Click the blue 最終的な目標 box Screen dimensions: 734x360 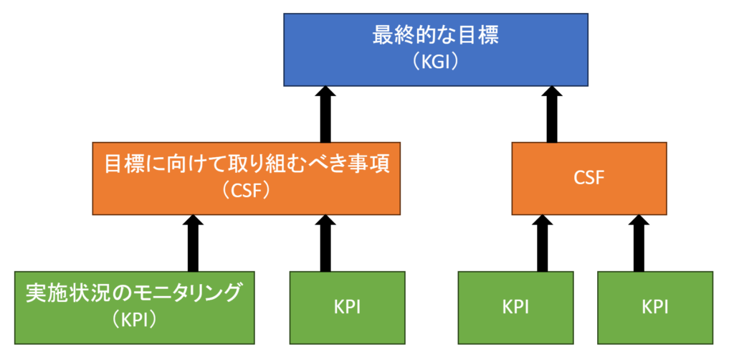[436, 49]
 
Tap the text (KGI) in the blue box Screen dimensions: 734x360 [436, 62]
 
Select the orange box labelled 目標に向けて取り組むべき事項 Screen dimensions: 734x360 [247, 179]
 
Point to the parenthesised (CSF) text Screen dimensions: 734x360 [247, 191]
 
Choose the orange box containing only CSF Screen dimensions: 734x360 [589, 179]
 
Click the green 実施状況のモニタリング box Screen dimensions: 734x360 [134, 308]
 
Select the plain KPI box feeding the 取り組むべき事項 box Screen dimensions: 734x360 [348, 308]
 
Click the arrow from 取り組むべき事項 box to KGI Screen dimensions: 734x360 [325, 114]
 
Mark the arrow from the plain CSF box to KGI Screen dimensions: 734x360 [552, 114]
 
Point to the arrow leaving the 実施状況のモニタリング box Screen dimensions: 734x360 [193, 243]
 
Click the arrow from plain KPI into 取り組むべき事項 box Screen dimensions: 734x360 [325, 243]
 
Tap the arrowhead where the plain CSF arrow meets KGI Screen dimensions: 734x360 [552, 87]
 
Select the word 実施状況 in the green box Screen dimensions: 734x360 [57, 294]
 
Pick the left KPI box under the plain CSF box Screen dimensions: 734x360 [516, 308]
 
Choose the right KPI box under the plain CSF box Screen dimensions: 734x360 [655, 308]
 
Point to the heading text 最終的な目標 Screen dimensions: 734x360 [436, 37]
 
